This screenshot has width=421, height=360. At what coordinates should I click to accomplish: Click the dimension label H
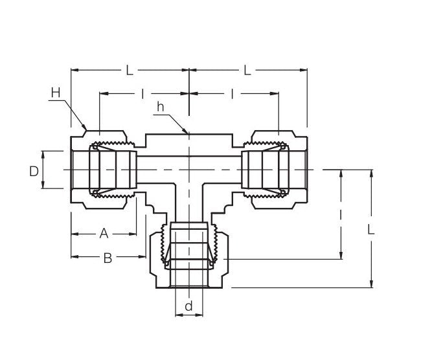click(56, 93)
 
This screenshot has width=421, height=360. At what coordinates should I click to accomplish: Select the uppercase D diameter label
click(34, 171)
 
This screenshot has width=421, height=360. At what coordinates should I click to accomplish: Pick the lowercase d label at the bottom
click(188, 306)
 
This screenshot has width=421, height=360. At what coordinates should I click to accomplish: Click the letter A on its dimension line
click(104, 233)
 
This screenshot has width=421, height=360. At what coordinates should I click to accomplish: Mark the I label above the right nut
click(232, 94)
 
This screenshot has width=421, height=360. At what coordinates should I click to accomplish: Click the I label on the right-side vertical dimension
click(341, 213)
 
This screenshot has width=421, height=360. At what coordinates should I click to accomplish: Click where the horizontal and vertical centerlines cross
click(188, 170)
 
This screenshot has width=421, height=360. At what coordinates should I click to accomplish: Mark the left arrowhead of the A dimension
click(73, 233)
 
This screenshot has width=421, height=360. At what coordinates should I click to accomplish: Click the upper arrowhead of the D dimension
click(43, 152)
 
